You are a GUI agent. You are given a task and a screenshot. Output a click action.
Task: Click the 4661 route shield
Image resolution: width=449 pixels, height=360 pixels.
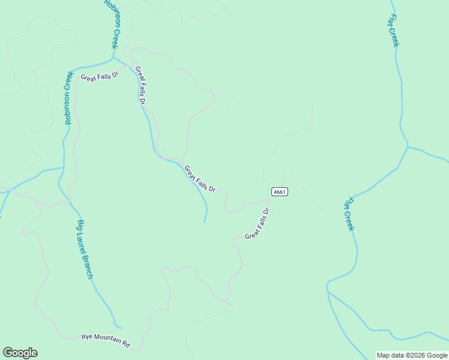point(280,192)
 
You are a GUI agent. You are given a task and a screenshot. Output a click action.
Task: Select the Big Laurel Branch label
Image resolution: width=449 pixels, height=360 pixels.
point(85,250)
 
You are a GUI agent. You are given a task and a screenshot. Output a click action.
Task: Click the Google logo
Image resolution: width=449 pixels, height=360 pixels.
point(20,353)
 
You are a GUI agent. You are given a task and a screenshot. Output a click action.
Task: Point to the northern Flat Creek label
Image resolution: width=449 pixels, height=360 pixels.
point(394,31)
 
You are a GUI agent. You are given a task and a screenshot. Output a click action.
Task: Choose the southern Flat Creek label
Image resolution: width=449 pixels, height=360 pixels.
point(349,214)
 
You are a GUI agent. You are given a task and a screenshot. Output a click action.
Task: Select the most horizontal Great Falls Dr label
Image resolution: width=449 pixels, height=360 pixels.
point(100,77)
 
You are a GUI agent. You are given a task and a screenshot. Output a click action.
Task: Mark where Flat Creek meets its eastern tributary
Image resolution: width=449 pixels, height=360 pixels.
point(408,147)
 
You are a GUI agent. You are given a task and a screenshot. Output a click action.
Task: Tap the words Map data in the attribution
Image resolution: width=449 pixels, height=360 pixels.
point(391,355)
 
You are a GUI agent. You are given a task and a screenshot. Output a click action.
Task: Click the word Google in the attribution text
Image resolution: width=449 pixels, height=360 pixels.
point(438,355)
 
